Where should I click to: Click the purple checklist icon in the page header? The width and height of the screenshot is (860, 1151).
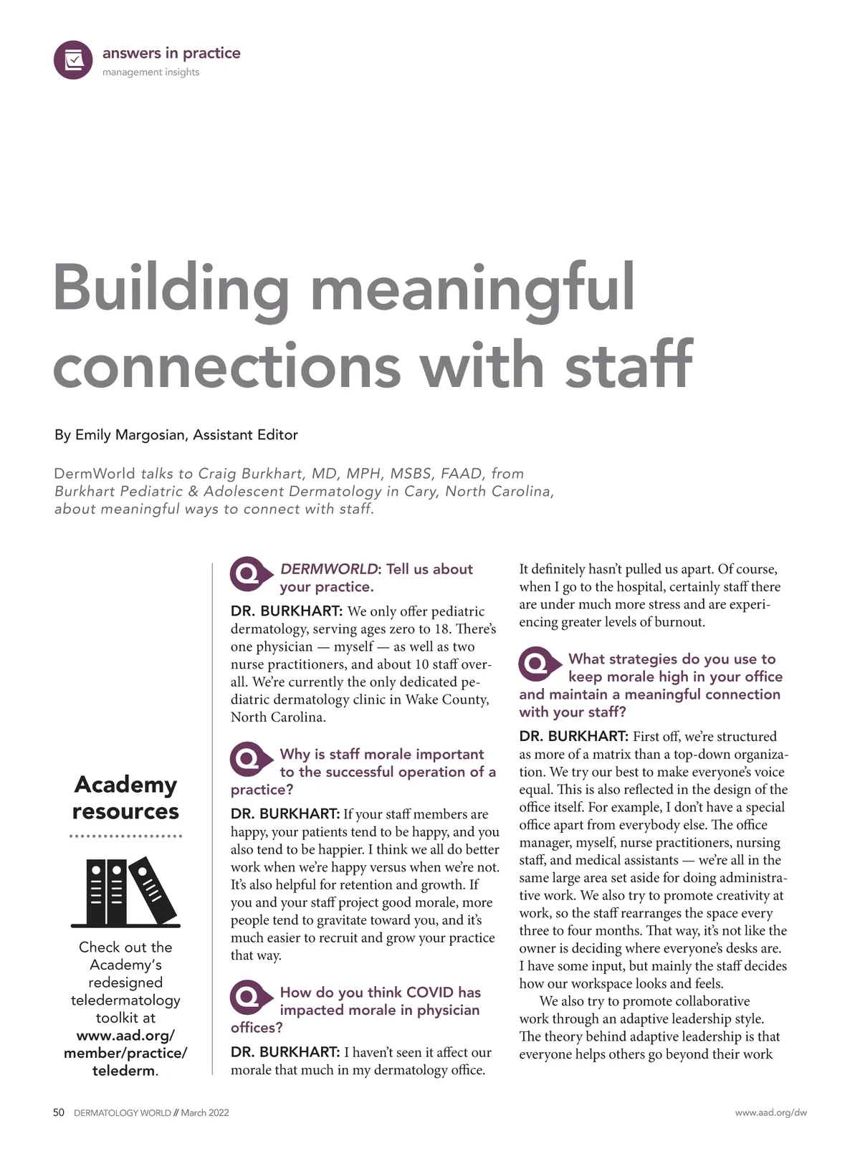73,59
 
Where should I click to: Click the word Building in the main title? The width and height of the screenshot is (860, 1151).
171,288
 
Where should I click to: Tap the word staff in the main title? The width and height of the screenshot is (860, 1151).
629,366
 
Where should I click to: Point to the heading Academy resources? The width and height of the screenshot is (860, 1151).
125,798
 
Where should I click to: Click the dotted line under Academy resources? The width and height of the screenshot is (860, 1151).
125,836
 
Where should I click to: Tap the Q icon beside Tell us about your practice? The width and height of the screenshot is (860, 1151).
249,574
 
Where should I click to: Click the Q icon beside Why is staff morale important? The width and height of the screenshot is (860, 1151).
249,759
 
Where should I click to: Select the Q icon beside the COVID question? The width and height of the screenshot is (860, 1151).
249,997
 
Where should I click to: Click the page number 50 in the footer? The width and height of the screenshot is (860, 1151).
59,1113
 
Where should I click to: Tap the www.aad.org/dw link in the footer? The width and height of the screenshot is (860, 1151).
770,1113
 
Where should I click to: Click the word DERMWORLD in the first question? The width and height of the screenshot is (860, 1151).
328,569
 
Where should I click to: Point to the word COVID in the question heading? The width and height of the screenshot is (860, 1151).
430,993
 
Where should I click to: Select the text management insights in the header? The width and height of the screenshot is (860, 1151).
150,72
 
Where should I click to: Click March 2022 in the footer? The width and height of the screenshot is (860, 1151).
205,1113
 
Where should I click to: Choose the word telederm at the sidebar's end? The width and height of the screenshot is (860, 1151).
123,1071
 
